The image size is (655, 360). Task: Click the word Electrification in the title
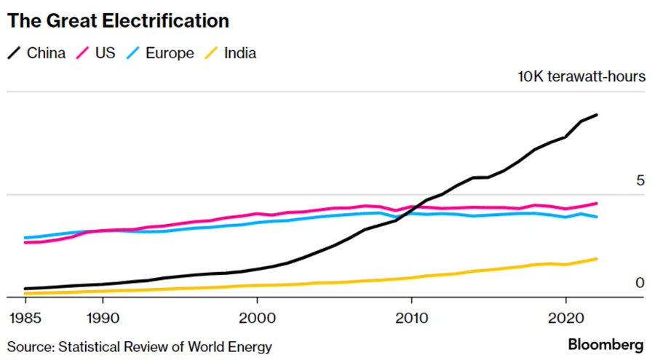(167, 20)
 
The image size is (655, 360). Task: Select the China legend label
(46, 53)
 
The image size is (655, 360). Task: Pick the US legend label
(107, 53)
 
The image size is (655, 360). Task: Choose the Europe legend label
(169, 53)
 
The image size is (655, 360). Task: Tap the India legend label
(240, 53)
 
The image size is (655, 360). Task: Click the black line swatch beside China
(15, 53)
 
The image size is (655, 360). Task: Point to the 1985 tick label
(25, 319)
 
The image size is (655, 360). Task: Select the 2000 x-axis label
(257, 319)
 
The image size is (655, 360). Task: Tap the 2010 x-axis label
(412, 319)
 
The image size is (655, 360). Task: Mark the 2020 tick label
(566, 319)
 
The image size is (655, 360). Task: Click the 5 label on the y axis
(640, 180)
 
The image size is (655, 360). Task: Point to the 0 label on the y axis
(640, 283)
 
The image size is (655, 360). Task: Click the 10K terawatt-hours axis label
(581, 76)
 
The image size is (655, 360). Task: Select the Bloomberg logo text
(606, 344)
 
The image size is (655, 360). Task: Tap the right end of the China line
(597, 115)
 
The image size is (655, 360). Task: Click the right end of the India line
(597, 259)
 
